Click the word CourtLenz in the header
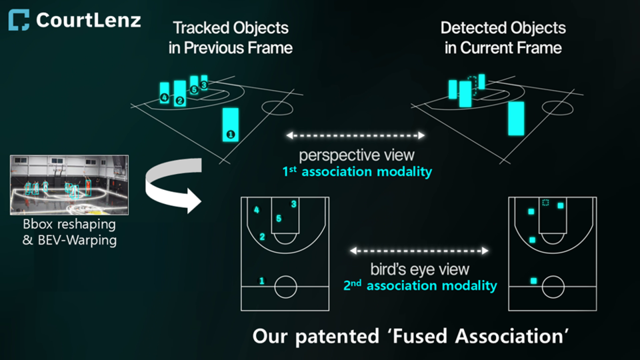point(88,20)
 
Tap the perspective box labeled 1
point(231,124)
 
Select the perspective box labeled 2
point(179,94)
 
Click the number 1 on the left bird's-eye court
point(261,281)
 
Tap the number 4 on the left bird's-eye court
point(257,211)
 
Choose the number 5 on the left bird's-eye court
point(279,219)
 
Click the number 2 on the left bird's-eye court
point(263,237)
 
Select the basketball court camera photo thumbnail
point(69,185)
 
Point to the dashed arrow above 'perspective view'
point(355,135)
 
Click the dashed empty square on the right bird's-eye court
point(545,203)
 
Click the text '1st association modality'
point(357,172)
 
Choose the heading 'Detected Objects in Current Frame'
point(503,38)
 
